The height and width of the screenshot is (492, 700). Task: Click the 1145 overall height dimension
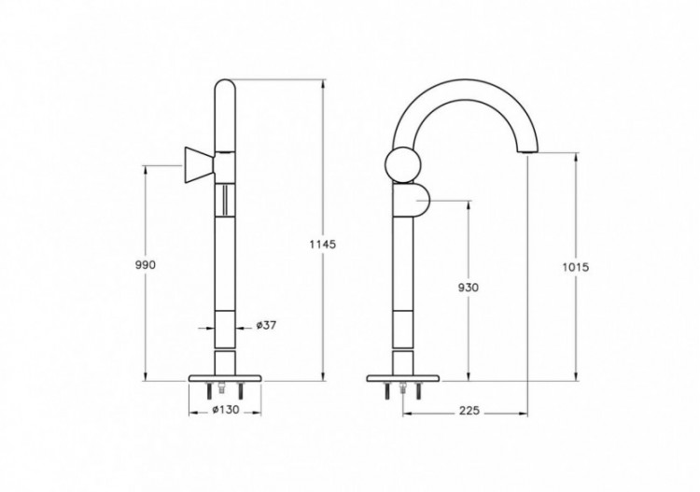[322, 244]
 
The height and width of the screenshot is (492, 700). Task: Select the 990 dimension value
[145, 265]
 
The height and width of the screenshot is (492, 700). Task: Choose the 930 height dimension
[468, 288]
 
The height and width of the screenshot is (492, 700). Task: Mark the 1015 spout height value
[576, 266]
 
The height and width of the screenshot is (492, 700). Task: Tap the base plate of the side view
[403, 378]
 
